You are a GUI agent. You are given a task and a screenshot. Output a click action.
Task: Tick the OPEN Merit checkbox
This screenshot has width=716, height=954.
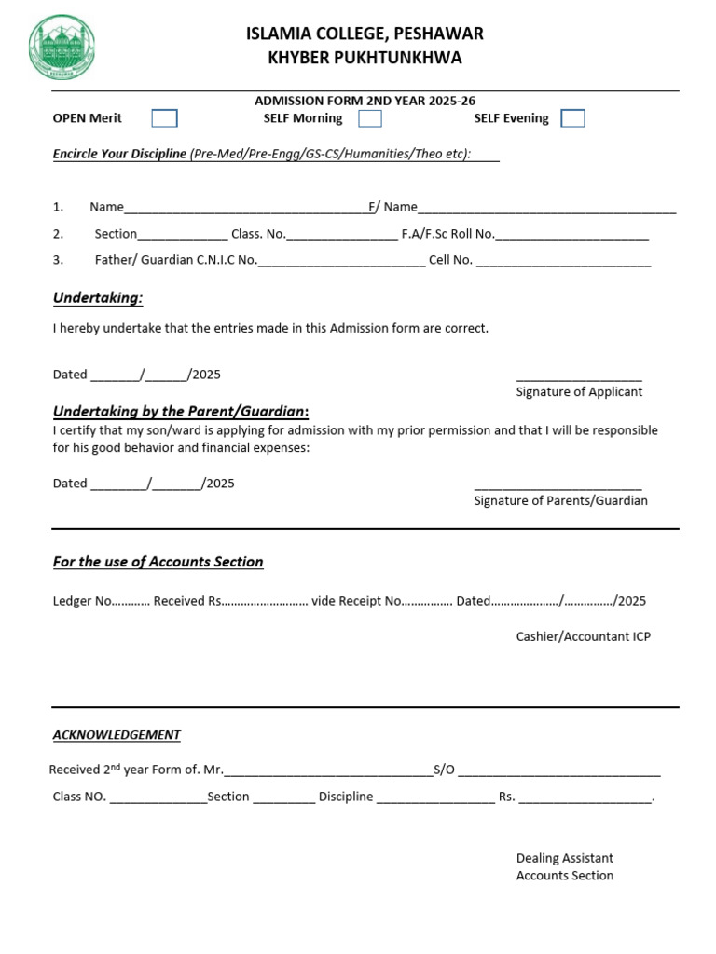[x=164, y=118]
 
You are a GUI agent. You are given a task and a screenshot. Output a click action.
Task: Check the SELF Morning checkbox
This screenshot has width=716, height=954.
[x=370, y=118]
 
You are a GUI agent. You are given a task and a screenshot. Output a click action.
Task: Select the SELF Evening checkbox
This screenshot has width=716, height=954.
[x=572, y=118]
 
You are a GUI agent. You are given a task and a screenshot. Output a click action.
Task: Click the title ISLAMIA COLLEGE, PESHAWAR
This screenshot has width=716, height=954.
[x=365, y=34]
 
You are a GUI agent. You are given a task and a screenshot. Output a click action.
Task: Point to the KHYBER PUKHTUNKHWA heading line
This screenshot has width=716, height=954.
[x=365, y=59]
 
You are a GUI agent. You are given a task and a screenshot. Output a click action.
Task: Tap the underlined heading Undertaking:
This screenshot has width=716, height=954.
[x=98, y=298]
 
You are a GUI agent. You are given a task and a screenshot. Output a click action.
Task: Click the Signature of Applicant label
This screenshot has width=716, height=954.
[x=579, y=392]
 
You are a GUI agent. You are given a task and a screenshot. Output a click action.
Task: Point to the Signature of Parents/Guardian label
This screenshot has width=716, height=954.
[x=560, y=501]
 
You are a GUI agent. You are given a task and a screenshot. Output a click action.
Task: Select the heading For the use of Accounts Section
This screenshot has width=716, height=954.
[x=158, y=562]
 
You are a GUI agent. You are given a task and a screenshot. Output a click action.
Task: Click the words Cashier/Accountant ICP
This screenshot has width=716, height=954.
[x=583, y=637]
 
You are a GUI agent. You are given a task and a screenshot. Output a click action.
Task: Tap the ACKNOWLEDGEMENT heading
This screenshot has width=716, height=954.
[x=117, y=735]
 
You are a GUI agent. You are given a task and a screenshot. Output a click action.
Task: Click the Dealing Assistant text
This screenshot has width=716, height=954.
[x=564, y=858]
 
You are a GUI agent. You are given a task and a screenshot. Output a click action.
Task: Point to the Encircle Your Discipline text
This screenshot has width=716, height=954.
[x=119, y=154]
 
